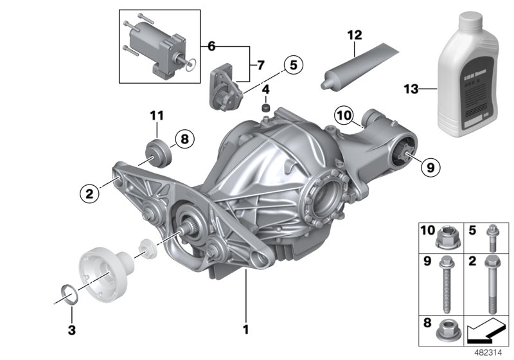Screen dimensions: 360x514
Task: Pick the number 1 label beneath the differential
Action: pyautogui.click(x=245, y=330)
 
